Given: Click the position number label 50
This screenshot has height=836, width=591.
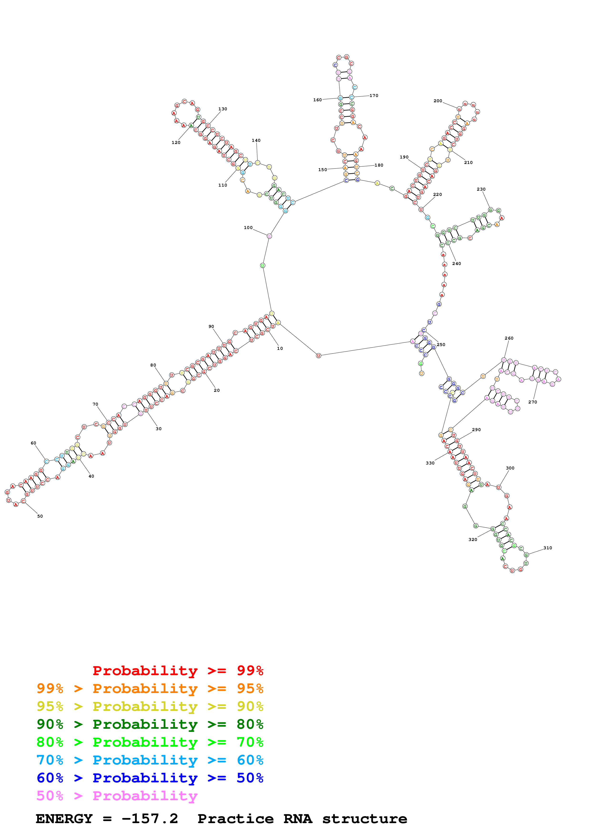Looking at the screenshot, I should [x=40, y=516].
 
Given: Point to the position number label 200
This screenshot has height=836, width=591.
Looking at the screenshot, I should [x=438, y=101].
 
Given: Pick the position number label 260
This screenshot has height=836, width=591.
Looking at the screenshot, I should [x=509, y=338].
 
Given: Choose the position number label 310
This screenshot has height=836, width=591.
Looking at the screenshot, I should [x=547, y=548].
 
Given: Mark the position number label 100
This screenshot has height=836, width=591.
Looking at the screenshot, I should [x=248, y=228].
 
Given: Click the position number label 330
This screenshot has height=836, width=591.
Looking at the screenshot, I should [x=430, y=463].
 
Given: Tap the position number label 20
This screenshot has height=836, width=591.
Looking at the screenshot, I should [x=217, y=390].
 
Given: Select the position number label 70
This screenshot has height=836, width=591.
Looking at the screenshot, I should [x=95, y=404].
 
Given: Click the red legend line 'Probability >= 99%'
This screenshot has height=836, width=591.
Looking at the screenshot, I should [x=178, y=671].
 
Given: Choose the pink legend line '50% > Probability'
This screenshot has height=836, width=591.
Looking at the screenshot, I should [x=117, y=796].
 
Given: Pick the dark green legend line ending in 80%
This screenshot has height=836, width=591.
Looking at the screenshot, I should [x=150, y=724].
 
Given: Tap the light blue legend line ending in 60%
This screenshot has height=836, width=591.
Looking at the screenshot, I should [x=150, y=760].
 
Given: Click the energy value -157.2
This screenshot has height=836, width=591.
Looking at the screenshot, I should [x=150, y=819].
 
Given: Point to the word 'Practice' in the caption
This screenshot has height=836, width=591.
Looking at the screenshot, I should [x=235, y=819].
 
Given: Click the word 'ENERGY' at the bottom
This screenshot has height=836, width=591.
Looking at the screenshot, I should [x=64, y=819].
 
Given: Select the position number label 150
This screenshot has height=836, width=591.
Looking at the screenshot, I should [x=322, y=170].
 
